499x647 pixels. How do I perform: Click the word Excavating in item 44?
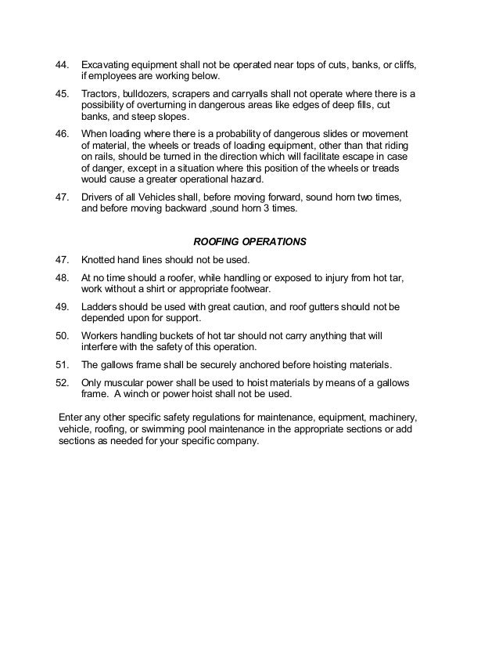(108, 63)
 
